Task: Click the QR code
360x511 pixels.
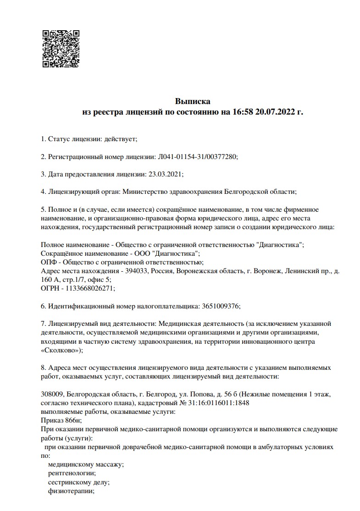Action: tap(61, 49)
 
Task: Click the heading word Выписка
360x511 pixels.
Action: tap(192, 101)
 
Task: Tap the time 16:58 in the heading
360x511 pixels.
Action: tap(242, 111)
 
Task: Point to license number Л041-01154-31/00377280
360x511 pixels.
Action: tap(197, 156)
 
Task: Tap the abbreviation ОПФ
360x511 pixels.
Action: tap(48, 262)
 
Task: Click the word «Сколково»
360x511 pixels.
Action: tap(60, 350)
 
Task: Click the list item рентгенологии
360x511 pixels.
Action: tap(72, 473)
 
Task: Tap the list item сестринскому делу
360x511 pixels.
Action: tap(78, 482)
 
